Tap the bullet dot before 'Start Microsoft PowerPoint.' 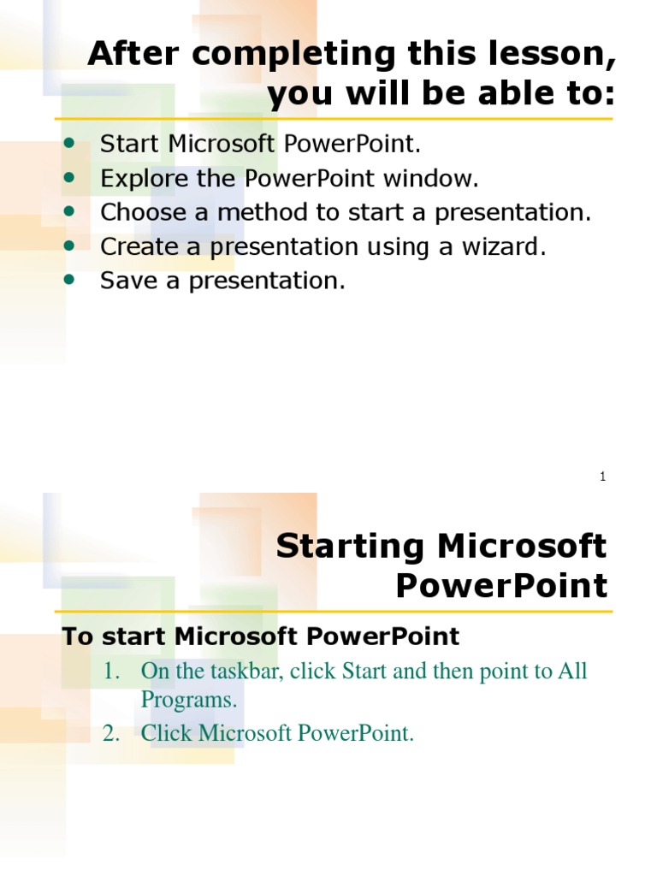(x=70, y=143)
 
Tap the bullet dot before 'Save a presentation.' (x=70, y=280)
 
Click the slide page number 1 (x=603, y=476)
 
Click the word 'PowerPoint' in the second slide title (x=502, y=587)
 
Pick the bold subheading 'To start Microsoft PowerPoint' (x=261, y=636)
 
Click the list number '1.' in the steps (x=114, y=672)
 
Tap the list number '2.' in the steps (x=114, y=733)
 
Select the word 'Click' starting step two (x=167, y=733)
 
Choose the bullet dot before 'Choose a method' (x=70, y=211)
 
